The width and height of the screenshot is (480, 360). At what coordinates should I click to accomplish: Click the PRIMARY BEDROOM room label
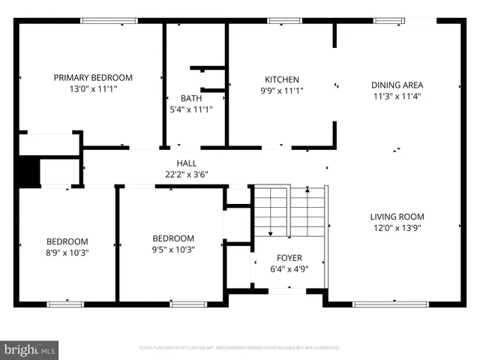click(93, 77)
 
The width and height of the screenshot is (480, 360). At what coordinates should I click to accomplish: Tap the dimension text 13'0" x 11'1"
click(93, 88)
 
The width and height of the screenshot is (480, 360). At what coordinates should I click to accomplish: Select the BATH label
click(190, 98)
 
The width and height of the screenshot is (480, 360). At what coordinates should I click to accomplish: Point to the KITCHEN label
click(282, 79)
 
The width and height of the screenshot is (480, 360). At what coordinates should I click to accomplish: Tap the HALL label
click(187, 163)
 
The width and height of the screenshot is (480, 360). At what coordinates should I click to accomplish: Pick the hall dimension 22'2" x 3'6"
click(187, 174)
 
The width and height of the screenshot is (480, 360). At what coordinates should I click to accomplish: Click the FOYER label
click(289, 257)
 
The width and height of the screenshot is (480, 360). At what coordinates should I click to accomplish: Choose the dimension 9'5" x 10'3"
click(173, 250)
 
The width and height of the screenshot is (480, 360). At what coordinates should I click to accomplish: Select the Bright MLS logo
click(30, 349)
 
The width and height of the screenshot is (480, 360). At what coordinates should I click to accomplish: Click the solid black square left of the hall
click(28, 172)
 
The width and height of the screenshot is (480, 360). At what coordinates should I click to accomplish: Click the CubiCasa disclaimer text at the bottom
click(240, 348)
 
